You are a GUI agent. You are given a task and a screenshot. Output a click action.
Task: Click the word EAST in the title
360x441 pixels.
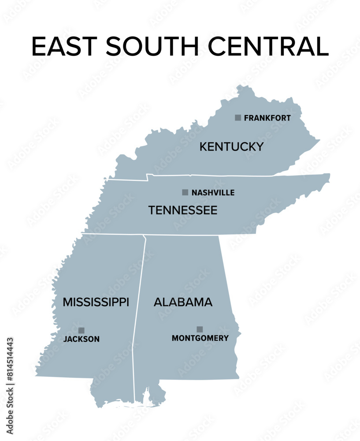(x=65, y=46)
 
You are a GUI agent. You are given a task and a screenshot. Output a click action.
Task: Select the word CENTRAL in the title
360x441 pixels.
(x=268, y=46)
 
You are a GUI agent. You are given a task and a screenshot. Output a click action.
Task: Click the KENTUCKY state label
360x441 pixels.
(x=231, y=147)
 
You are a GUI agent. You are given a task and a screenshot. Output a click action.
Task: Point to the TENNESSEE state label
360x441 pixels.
(x=183, y=210)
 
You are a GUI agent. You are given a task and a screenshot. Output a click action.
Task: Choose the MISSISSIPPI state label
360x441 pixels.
(x=96, y=302)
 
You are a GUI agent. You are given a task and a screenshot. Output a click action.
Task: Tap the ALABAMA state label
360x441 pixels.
(x=183, y=302)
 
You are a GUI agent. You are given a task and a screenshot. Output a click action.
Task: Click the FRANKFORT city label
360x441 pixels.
(x=267, y=118)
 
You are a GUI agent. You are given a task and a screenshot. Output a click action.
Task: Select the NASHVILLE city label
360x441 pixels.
(x=213, y=193)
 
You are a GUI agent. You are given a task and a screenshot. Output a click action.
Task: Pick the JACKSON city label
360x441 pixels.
(x=82, y=339)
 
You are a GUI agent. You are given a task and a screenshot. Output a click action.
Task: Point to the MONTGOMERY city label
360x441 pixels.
(x=200, y=338)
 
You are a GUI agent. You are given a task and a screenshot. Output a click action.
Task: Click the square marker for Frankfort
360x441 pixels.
(x=238, y=118)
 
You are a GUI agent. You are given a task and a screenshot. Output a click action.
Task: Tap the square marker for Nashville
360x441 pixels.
(x=185, y=192)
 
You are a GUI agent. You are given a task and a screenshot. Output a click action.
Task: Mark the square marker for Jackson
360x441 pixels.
(x=82, y=330)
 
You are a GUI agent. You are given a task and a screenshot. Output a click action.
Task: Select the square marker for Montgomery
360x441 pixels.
(x=200, y=329)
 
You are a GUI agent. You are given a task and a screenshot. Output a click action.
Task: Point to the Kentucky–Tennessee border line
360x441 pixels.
(x=212, y=176)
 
